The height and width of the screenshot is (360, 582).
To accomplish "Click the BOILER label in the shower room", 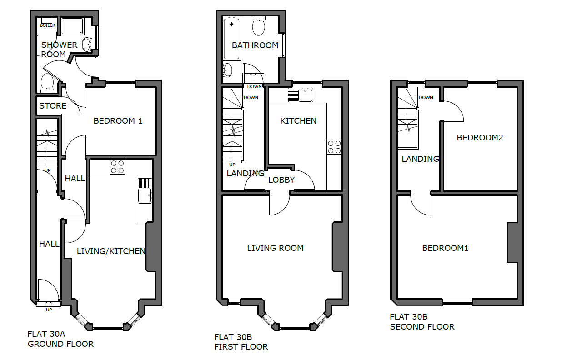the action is coord(48,25).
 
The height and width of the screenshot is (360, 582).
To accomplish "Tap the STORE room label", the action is coord(53,106).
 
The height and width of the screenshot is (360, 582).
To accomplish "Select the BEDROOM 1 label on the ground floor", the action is coord(118,121).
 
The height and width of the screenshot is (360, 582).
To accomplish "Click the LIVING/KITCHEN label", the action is coord(111,251).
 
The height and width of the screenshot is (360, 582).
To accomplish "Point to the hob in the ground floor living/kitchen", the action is coord(117,167).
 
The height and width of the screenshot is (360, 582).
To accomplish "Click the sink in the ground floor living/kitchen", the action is coord(145,190).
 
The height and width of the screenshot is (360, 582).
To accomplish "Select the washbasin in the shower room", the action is coord(86,45).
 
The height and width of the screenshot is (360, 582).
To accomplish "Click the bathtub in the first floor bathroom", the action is coord(231,39).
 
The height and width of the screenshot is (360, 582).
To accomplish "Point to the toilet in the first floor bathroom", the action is coord(259,26).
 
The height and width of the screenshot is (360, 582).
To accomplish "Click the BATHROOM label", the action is coord(255,45).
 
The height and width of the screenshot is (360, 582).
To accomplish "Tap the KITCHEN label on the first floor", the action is coord(298,121).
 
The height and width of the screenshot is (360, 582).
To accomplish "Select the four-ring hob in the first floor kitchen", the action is coord(334,147).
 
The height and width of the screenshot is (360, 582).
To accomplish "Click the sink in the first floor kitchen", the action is coord(301,95).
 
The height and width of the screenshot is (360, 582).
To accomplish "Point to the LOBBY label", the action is coord(281,180).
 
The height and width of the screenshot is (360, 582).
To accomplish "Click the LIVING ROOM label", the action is coord(275,248).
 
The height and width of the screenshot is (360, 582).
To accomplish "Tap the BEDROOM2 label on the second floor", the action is coord(480,138).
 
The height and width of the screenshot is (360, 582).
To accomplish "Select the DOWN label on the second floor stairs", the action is coord(426,98).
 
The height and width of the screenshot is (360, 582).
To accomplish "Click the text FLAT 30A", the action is coord(46,334).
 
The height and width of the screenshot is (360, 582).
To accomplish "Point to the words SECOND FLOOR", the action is coord(422,327).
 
